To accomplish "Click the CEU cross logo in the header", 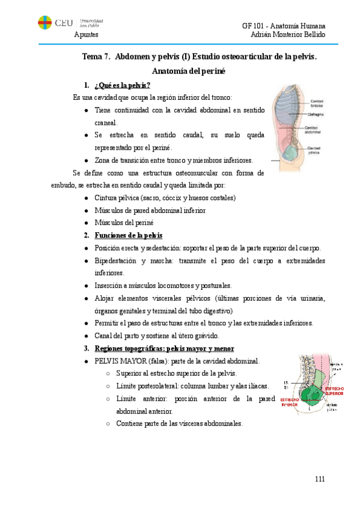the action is click(x=44, y=23).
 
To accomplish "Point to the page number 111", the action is click(x=319, y=479).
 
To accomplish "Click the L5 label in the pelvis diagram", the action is click(x=286, y=382).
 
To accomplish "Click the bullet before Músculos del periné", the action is click(x=87, y=223).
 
